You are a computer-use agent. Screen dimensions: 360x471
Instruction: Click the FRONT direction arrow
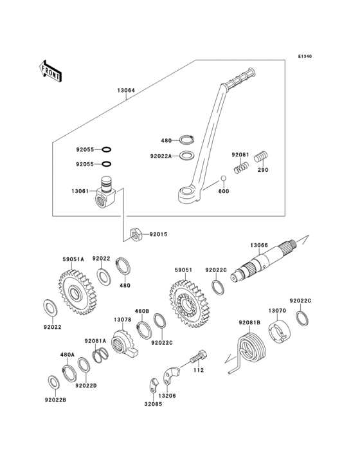pos(50,71)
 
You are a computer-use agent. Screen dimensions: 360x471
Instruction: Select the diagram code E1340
pos(305,56)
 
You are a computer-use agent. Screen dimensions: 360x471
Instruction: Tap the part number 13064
pos(126,90)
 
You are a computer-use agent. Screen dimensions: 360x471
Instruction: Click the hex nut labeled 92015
pos(136,234)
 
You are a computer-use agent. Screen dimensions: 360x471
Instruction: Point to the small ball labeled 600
pos(223,178)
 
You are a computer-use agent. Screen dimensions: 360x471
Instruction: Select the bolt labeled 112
pos(198,357)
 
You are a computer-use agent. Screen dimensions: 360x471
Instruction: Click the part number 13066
pos(259,245)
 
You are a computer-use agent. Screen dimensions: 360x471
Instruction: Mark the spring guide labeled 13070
pos(279,332)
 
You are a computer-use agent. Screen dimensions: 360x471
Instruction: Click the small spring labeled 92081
pos(241,167)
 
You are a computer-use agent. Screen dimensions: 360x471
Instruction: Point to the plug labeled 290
pos(261,157)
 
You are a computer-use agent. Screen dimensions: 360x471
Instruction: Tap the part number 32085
pos(153,404)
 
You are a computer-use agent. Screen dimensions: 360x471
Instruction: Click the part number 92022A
pos(161,156)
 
